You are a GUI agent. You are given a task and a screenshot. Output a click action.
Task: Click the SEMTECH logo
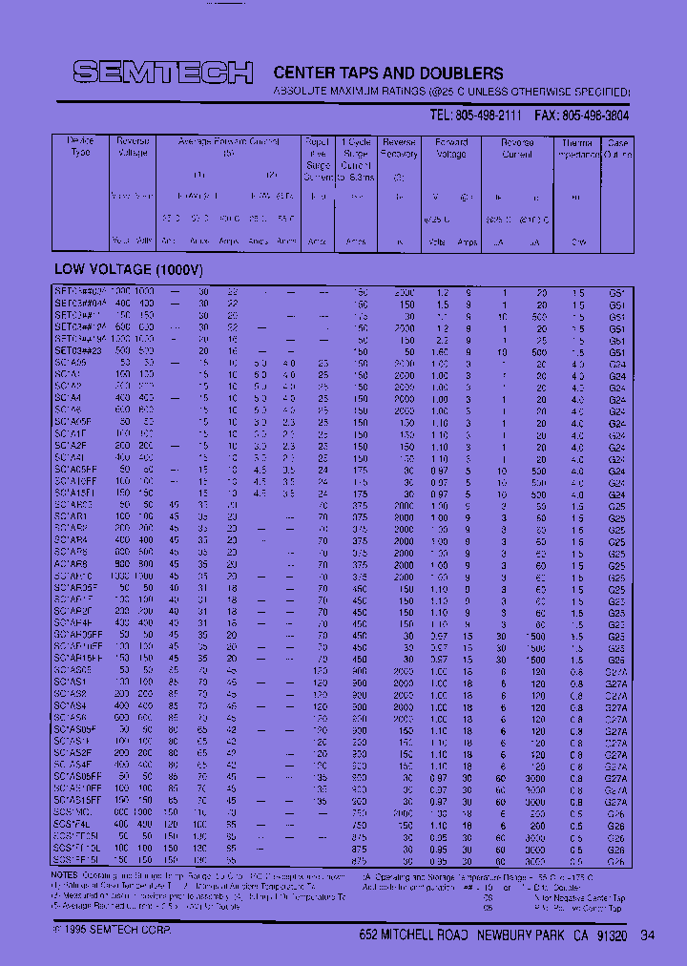[x=163, y=73]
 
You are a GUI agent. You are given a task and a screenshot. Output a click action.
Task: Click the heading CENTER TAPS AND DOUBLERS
[x=388, y=73]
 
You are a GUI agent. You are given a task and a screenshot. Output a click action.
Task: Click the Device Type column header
[x=81, y=147]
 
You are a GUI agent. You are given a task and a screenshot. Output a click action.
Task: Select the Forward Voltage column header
[x=450, y=147]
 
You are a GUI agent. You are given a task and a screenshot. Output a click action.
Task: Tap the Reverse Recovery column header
[x=398, y=147]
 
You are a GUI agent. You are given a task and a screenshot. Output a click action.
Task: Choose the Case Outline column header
[x=617, y=147]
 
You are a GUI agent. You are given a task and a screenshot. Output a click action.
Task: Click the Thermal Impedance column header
[x=578, y=147]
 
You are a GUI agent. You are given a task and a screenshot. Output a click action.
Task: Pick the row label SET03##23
[x=77, y=351]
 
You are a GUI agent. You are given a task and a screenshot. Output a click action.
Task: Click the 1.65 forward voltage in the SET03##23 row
[x=438, y=351]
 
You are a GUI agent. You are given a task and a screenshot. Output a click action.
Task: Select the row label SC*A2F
[x=71, y=446]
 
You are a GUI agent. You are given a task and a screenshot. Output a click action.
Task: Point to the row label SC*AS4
[x=71, y=705]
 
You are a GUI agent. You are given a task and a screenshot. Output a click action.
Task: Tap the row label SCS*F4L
[x=73, y=824]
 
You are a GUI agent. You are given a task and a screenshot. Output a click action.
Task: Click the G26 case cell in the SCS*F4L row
[x=616, y=824]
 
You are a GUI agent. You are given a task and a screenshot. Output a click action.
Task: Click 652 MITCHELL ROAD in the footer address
[x=414, y=934]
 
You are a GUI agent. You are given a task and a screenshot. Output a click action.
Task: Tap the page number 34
[x=648, y=934]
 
